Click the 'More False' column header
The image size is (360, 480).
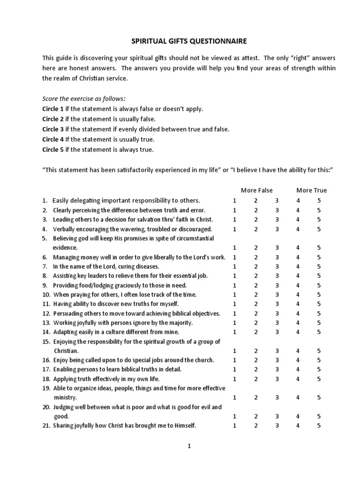tap(255, 190)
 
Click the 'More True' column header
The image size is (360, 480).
tap(312, 190)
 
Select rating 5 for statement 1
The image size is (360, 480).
tap(319, 200)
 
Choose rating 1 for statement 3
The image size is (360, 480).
tap(234, 219)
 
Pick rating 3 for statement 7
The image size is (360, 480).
tap(277, 266)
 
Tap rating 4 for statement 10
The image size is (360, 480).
tap(298, 294)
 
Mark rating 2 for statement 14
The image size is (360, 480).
tap(256, 332)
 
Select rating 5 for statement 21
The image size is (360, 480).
tap(319, 426)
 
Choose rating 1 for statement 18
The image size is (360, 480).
tap(234, 379)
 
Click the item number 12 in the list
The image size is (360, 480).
tap(46, 313)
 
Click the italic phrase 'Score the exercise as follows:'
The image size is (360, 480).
tap(84, 98)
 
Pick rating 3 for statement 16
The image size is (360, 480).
tap(277, 360)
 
